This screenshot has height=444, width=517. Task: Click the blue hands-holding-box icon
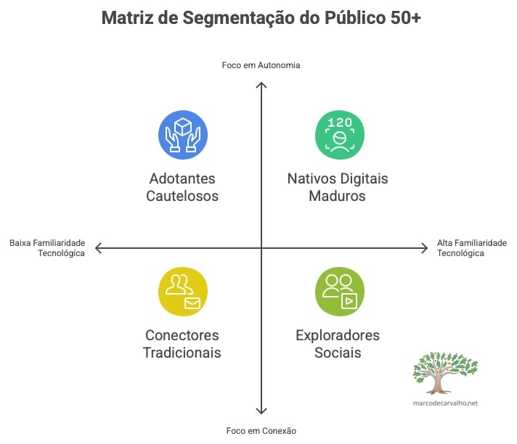[x=182, y=134]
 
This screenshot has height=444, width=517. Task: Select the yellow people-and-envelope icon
[x=182, y=291]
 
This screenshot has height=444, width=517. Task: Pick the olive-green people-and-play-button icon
[x=339, y=291]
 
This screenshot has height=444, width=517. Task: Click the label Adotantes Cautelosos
[x=182, y=187]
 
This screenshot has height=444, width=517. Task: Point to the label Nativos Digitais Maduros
[x=338, y=187]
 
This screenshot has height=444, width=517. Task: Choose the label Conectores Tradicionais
[x=182, y=344]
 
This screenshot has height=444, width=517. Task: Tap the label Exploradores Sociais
[x=338, y=344]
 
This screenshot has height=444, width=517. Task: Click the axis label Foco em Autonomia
[x=261, y=65]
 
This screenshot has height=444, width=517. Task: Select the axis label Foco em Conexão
[x=261, y=431]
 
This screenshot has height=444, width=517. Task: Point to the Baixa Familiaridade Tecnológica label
[x=47, y=248]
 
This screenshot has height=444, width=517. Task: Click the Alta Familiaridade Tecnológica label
[x=471, y=248]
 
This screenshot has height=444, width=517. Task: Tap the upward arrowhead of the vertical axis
[x=261, y=86]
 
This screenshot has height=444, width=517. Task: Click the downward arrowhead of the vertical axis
[x=261, y=411]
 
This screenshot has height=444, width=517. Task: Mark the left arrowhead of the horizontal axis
[x=99, y=249]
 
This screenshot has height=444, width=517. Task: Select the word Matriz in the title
[x=126, y=18]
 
